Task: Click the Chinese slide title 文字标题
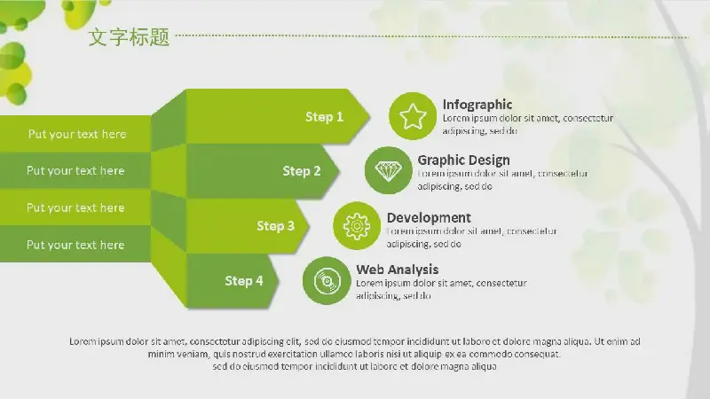[129, 36]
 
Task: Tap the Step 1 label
[324, 117]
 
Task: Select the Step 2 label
[302, 171]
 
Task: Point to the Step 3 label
[276, 226]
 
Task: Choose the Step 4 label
[244, 280]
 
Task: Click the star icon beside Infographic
[413, 116]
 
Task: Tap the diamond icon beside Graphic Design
[388, 171]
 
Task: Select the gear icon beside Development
[357, 226]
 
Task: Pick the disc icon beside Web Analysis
[327, 281]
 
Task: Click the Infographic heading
[477, 105]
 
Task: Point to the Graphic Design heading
[463, 160]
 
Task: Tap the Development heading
[429, 217]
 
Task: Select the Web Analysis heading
[398, 270]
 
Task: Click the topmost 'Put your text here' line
[77, 134]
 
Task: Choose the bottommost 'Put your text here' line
[75, 245]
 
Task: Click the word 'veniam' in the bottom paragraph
[195, 354]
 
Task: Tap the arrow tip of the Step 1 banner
[369, 116]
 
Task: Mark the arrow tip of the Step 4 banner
[278, 281]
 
